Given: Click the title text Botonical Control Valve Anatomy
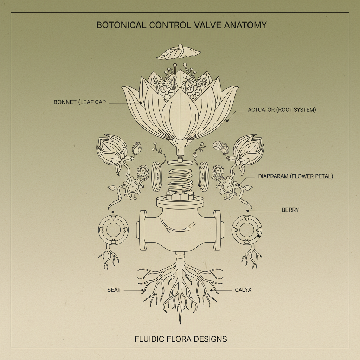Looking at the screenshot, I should [x=181, y=25].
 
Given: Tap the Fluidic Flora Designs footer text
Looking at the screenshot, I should [x=181, y=339].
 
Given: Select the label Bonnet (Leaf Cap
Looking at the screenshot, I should [x=80, y=102].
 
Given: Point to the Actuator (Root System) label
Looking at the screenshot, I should [x=282, y=110].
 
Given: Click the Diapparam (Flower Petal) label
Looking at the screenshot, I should [x=295, y=176].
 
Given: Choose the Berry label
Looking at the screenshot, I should [x=290, y=210].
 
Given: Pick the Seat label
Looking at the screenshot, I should [x=114, y=290].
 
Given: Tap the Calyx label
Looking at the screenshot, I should [x=243, y=290].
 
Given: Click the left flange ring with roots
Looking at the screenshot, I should [x=113, y=230].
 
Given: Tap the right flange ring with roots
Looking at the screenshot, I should [x=247, y=230].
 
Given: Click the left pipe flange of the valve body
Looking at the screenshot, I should [x=143, y=230].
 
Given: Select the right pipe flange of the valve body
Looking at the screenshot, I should [x=217, y=230].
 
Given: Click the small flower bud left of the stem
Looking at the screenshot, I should [x=136, y=149].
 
